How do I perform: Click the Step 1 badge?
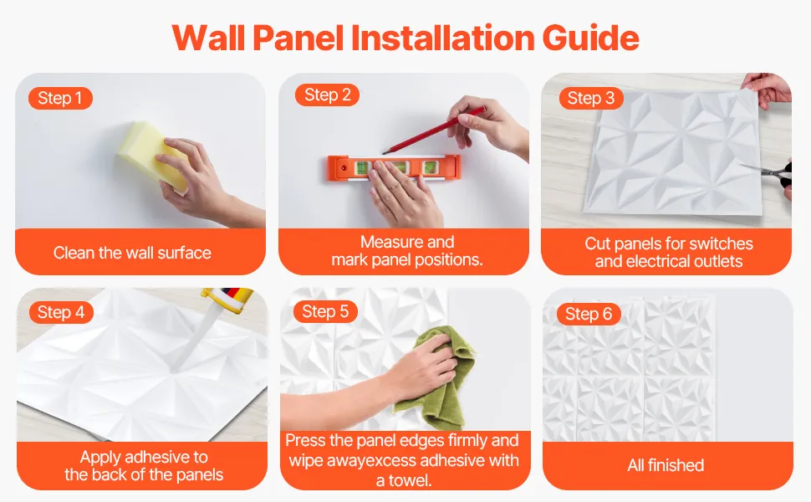[x=60, y=99]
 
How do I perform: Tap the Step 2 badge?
[x=328, y=95]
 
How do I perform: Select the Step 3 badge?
[x=591, y=99]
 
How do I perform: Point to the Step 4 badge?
[x=61, y=313]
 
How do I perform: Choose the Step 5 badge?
[x=325, y=311]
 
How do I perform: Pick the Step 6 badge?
[x=589, y=314]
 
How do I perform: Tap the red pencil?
[x=433, y=131]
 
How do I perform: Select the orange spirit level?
[x=394, y=168]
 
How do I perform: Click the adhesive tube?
[x=230, y=300]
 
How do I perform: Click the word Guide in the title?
[x=590, y=38]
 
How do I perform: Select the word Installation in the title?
[x=443, y=38]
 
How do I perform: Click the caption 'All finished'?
[x=666, y=465]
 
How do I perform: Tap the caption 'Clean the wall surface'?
[x=132, y=253]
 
